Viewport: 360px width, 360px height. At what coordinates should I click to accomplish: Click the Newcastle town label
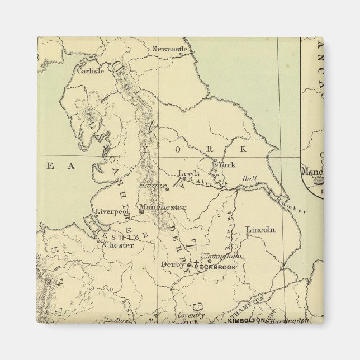coord(170,49)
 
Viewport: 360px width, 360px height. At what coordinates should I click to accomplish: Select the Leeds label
coord(188,173)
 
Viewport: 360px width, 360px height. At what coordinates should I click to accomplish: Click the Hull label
coord(249,179)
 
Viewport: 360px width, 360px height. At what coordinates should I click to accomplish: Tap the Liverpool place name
coord(109,211)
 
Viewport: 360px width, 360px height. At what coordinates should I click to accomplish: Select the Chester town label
coord(119,245)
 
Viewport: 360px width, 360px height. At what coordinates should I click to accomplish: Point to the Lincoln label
coord(260,230)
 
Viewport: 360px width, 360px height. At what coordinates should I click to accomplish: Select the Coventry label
coord(192,316)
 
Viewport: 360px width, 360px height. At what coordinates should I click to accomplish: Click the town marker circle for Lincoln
coord(247,235)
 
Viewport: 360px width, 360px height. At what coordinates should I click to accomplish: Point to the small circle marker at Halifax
coord(166,189)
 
